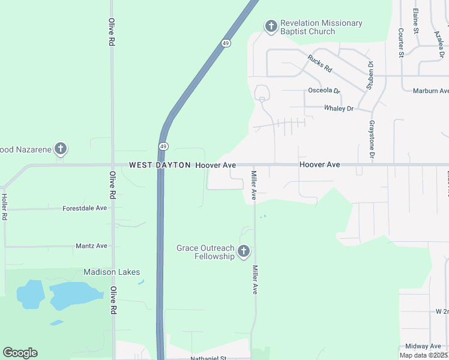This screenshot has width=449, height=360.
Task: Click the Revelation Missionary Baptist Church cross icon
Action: click(271, 26)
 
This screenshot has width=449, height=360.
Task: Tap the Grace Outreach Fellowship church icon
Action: click(244, 251)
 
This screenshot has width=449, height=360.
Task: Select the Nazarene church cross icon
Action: click(60, 148)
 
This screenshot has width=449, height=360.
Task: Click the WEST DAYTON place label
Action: click(160, 165)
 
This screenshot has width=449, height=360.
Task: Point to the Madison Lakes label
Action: click(112, 272)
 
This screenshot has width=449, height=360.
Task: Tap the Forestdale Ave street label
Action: click(84, 208)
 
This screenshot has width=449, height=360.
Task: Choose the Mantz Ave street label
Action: click(91, 246)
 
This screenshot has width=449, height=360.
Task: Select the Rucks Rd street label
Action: click(319, 64)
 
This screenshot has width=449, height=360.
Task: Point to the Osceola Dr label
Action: click(324, 91)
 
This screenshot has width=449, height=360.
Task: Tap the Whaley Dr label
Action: click(339, 109)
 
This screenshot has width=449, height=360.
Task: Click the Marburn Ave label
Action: click(430, 91)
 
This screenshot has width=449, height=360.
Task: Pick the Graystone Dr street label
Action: click(372, 140)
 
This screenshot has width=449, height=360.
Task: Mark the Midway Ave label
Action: click(423, 346)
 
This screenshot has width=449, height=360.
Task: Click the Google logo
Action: click(20, 353)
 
